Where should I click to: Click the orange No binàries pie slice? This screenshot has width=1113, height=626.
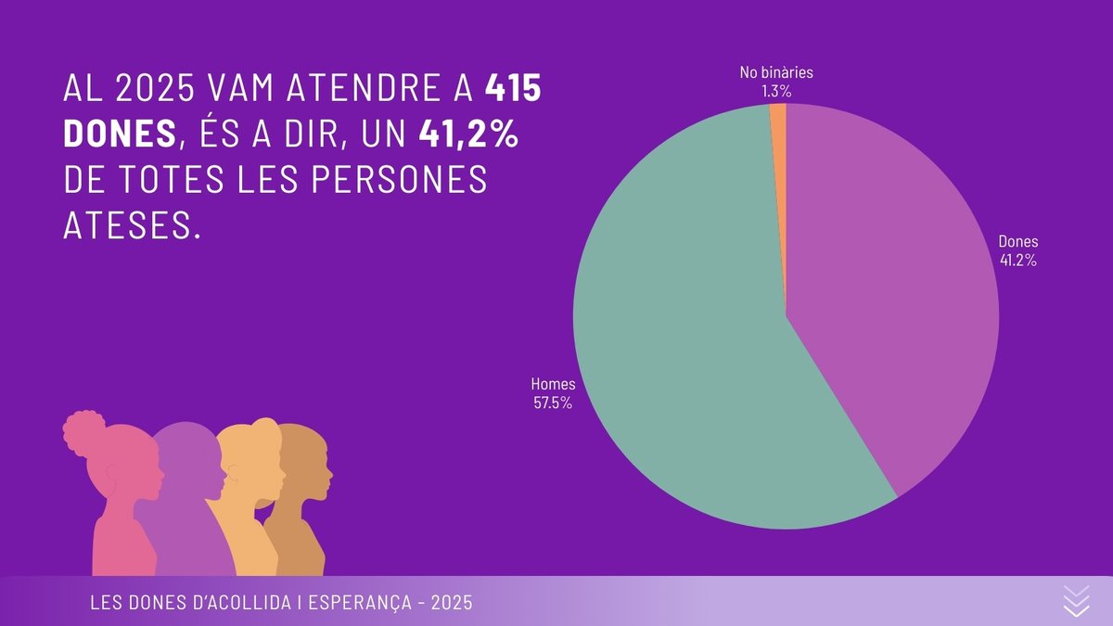(x=779, y=121)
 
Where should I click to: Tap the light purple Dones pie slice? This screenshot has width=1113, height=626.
(x=890, y=306)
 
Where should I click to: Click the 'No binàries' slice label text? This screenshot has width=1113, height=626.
(x=776, y=72)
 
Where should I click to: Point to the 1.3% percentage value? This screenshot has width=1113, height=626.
(x=776, y=91)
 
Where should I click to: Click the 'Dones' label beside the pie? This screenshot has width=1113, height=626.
(x=1017, y=243)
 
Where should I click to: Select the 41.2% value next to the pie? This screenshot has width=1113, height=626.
(x=1017, y=261)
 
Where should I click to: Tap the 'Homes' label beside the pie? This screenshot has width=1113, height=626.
(x=553, y=383)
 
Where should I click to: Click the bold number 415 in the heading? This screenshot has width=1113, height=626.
(x=513, y=89)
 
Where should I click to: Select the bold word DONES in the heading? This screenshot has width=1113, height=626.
(x=119, y=134)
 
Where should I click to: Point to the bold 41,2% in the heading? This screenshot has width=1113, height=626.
(x=467, y=134)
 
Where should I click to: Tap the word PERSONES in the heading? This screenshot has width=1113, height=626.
(x=407, y=180)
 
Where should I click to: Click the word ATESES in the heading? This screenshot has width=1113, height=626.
(x=131, y=225)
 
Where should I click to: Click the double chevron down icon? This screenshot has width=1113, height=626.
(x=1075, y=601)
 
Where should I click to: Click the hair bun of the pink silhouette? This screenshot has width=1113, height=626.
(x=85, y=428)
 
